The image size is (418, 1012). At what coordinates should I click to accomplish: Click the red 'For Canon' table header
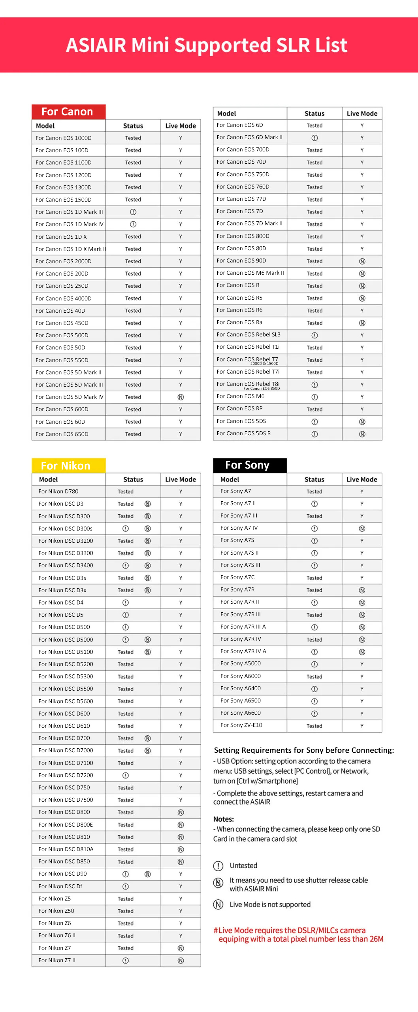(68, 112)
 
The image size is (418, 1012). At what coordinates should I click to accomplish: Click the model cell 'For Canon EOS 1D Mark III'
(69, 212)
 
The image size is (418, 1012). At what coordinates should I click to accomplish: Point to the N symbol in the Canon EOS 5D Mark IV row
(181, 397)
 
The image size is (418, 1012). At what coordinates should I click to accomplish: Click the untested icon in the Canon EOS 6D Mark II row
(314, 138)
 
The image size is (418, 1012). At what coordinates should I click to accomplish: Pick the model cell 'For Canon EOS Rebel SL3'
(249, 334)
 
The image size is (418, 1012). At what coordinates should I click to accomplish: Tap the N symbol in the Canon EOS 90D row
(362, 261)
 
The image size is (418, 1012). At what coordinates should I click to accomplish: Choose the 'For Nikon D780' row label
(58, 491)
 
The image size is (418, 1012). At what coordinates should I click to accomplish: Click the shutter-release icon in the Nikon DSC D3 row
(147, 504)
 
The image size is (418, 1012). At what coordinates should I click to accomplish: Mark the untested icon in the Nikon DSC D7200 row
(126, 775)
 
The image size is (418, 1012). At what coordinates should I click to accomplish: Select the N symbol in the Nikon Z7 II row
(181, 960)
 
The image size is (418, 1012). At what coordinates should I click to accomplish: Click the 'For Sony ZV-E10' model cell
(241, 725)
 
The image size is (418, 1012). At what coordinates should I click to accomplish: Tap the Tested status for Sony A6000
(314, 677)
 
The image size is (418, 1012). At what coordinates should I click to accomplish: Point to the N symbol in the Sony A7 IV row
(362, 529)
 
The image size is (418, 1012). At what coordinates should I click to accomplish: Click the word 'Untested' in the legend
(243, 865)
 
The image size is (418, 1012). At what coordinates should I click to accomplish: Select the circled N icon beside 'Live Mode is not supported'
(218, 904)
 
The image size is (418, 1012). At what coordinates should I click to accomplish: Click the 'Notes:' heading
(224, 819)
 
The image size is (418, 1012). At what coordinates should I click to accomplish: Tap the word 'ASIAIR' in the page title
(96, 45)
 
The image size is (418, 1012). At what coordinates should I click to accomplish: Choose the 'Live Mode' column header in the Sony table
(362, 480)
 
